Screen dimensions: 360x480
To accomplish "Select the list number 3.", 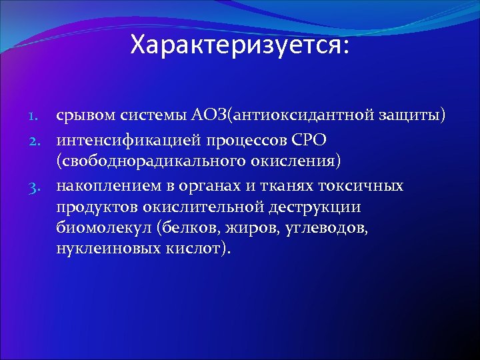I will click(x=41, y=185).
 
